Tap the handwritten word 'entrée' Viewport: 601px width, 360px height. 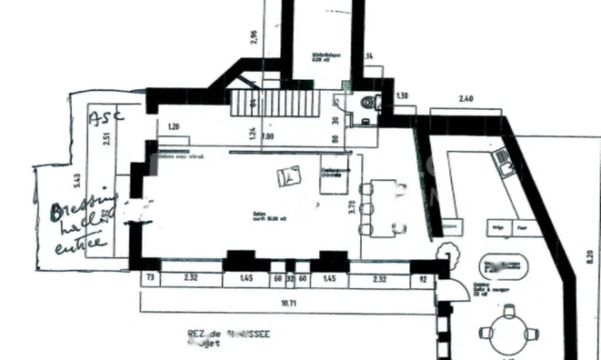(x=80, y=245)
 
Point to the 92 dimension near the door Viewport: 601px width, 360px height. (x=423, y=281)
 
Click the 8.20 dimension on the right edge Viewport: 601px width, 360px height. (x=592, y=257)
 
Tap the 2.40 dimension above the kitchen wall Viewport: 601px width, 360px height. (x=466, y=97)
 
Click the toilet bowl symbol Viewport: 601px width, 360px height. (x=368, y=103)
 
